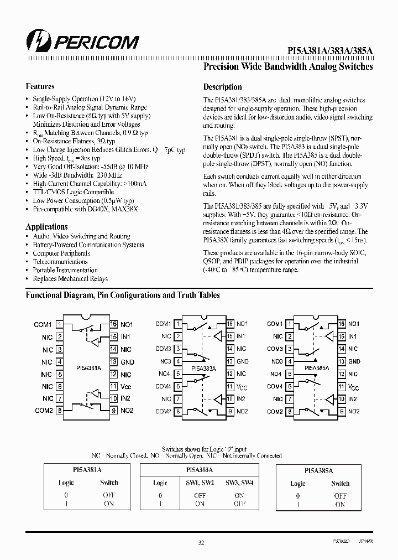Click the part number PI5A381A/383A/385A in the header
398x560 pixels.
point(330,50)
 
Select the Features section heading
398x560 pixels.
point(40,86)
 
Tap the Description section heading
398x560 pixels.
point(222,87)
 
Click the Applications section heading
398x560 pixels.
point(46,227)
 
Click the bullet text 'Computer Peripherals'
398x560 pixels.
point(61,253)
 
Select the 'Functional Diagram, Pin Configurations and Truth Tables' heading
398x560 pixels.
point(123,295)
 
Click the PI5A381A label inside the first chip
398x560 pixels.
point(88,367)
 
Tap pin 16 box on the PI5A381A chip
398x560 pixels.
point(114,324)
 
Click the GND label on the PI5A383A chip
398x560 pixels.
point(243,361)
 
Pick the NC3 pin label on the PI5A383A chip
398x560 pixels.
point(166,361)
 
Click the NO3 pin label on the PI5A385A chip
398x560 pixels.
point(276,361)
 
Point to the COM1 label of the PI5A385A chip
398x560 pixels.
point(275,324)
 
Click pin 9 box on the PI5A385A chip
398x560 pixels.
point(342,411)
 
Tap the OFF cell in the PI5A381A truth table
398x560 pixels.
point(109,495)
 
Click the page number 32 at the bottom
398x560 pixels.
point(201,543)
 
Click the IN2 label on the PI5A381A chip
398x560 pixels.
point(125,398)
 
